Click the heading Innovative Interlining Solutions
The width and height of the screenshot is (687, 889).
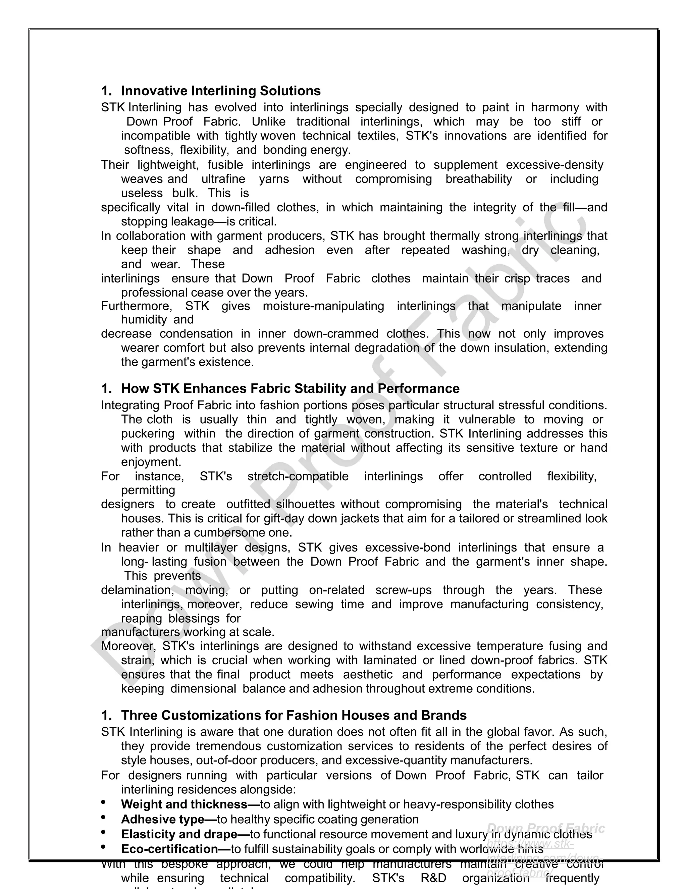221,91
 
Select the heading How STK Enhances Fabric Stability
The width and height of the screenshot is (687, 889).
290,388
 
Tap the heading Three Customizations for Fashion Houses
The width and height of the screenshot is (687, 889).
294,715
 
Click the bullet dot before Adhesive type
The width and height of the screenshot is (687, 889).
103,817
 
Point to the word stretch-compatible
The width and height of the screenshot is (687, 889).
298,476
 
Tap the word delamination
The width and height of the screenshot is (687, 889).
138,590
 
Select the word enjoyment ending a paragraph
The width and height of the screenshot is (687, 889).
151,462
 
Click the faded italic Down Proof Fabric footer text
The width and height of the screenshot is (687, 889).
545,828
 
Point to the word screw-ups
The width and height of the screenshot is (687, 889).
401,590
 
